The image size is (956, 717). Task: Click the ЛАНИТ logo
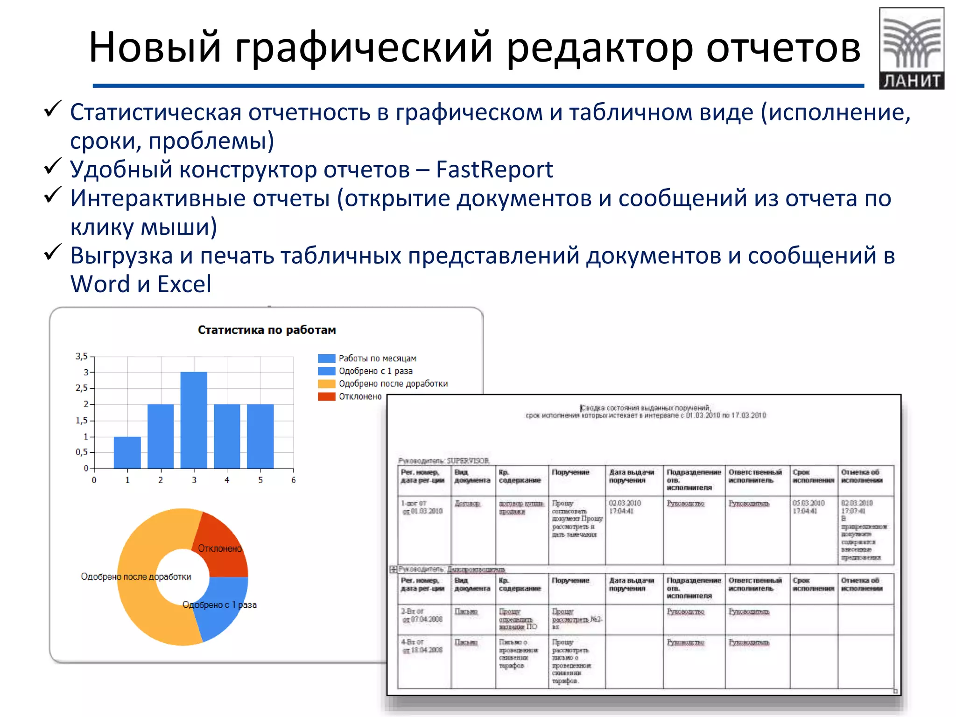(x=911, y=48)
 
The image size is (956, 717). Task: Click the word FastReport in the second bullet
(x=494, y=169)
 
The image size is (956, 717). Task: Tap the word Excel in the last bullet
(x=184, y=284)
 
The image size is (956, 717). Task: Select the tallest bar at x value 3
(x=194, y=420)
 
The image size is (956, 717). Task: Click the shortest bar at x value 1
(x=127, y=452)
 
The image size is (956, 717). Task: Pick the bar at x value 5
(x=260, y=436)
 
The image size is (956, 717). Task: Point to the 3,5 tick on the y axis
(x=82, y=357)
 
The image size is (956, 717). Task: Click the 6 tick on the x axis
(x=293, y=480)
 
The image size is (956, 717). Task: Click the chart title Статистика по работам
(x=267, y=330)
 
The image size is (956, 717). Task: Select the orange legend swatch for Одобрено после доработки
(x=326, y=384)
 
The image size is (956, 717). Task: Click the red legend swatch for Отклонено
(x=326, y=396)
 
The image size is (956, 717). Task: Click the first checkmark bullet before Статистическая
(x=52, y=109)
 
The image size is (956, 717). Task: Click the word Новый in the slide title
(x=155, y=47)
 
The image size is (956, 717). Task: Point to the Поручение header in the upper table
(x=570, y=472)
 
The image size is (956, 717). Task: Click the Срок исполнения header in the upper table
(x=813, y=476)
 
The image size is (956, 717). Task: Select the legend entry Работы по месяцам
(x=377, y=358)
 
